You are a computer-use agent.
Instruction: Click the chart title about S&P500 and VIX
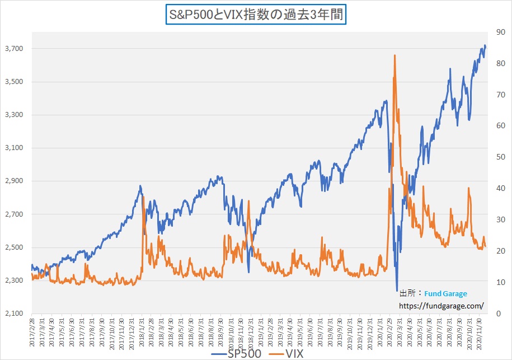(256, 13)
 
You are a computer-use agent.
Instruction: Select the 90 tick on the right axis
(494, 32)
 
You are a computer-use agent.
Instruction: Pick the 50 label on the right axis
(494, 157)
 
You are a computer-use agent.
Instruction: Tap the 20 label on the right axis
(494, 251)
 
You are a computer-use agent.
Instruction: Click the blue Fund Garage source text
(445, 293)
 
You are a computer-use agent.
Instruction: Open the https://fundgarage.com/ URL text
(441, 306)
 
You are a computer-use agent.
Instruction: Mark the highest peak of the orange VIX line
(395, 55)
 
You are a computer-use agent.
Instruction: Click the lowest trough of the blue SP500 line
(397, 291)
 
